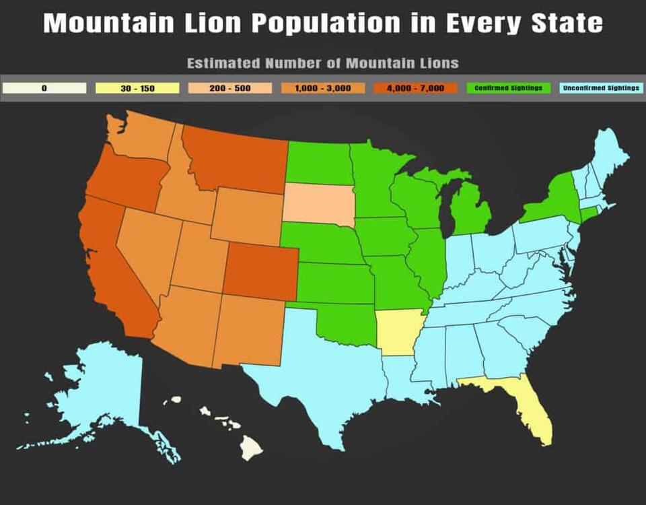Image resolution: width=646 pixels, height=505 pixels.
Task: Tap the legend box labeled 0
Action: pyautogui.click(x=44, y=88)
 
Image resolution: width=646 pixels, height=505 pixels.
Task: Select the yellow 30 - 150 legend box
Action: pyautogui.click(x=137, y=88)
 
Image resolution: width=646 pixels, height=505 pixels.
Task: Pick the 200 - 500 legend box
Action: pyautogui.click(x=230, y=88)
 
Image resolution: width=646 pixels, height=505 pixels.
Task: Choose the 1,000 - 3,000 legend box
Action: pyautogui.click(x=323, y=88)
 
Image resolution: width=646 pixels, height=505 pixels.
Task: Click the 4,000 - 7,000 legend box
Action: pyautogui.click(x=416, y=88)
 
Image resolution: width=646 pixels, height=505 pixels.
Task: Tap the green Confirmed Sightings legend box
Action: pyautogui.click(x=509, y=88)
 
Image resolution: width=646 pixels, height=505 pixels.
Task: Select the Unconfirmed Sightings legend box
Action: pyautogui.click(x=601, y=88)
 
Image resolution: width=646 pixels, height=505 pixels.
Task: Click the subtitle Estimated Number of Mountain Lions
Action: pyautogui.click(x=322, y=63)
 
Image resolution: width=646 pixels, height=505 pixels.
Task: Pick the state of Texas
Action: pyautogui.click(x=323, y=384)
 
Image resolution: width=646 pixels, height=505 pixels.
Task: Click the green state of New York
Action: pyautogui.click(x=555, y=199)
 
